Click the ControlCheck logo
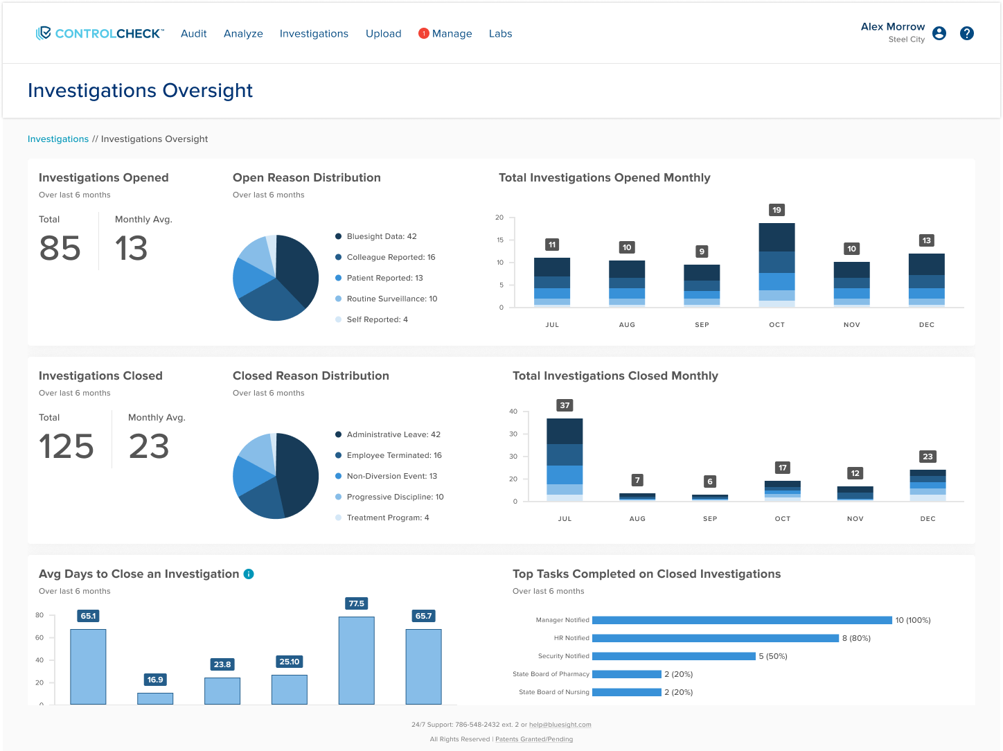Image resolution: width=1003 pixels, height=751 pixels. (100, 33)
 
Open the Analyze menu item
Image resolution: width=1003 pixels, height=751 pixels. (243, 33)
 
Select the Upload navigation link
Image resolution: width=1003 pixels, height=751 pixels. (383, 33)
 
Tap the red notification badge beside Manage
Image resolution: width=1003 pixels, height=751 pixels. (424, 33)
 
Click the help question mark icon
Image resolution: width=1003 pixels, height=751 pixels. (967, 33)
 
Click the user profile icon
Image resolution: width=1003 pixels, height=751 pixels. (939, 33)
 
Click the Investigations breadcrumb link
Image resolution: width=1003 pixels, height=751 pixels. (58, 139)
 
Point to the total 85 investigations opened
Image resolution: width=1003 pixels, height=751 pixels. (60, 248)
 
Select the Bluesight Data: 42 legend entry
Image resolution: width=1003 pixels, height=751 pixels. (381, 236)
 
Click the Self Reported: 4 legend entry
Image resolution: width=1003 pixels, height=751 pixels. (377, 319)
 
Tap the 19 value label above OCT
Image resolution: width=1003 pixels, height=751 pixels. (776, 210)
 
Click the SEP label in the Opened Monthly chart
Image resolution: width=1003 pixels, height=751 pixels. (702, 324)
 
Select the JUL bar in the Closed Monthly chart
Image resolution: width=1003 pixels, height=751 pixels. (565, 459)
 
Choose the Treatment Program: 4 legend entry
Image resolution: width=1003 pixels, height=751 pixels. (387, 518)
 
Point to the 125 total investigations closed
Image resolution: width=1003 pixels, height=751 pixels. (66, 446)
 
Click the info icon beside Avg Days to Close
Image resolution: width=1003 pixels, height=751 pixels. (249, 574)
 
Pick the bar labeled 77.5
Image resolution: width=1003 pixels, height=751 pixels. (356, 660)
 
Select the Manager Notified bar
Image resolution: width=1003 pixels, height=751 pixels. (742, 620)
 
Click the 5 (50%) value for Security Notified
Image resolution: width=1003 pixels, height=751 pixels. (773, 656)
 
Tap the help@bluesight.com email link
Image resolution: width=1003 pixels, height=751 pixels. (560, 725)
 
